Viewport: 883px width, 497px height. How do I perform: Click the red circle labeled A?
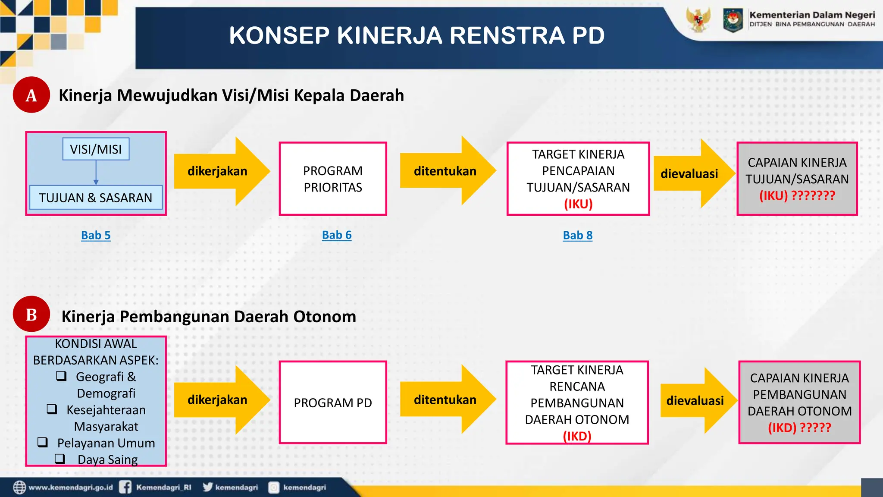click(31, 95)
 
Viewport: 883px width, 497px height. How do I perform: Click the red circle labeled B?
click(31, 314)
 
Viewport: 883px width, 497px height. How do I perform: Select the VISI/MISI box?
click(96, 149)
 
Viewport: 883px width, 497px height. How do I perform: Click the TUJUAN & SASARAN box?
click(96, 198)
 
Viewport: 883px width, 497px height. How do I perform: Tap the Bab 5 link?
click(96, 236)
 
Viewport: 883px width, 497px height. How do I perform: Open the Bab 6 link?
click(337, 235)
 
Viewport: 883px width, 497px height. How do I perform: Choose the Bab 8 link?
click(578, 236)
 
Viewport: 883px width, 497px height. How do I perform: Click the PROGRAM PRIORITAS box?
click(333, 179)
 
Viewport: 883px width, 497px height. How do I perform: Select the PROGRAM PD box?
click(333, 403)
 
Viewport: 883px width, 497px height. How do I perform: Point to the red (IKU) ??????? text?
click(797, 196)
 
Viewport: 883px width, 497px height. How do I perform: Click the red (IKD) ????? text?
click(799, 428)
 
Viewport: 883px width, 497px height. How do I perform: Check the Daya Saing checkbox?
click(60, 459)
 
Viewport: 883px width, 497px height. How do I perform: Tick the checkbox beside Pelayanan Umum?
click(42, 442)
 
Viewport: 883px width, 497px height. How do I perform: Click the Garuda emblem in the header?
click(698, 19)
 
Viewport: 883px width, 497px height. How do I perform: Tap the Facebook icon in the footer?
click(125, 487)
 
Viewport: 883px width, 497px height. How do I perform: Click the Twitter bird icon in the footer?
click(208, 487)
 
